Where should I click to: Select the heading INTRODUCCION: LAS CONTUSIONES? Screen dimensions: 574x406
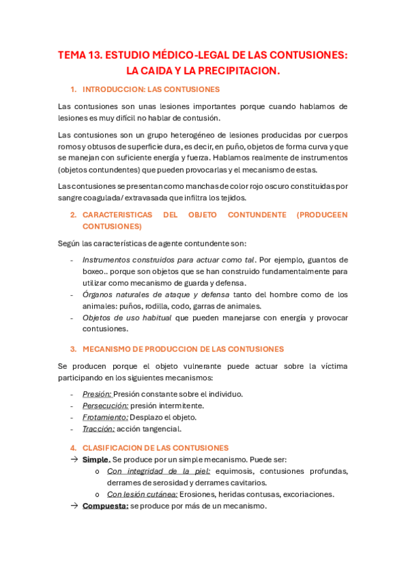coord(150,90)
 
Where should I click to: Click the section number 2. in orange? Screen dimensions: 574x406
coord(74,215)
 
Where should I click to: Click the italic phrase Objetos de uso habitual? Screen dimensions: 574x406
coord(127,317)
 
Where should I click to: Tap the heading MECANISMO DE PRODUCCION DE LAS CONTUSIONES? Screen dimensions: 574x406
coord(183,349)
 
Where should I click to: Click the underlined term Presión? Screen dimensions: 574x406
coord(96,394)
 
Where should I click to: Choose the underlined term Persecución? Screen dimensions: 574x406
coord(105,405)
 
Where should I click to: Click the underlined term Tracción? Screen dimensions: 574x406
coord(98,428)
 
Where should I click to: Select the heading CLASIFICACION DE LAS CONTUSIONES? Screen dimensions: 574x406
coord(155,448)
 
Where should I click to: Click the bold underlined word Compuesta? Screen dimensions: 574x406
coord(105,506)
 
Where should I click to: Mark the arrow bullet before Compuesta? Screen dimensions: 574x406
coord(74,506)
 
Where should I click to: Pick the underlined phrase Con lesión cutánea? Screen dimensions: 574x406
coord(142,494)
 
